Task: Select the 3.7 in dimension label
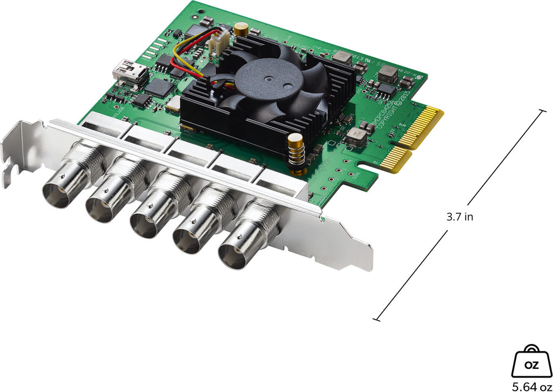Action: (x=460, y=217)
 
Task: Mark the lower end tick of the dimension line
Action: (x=376, y=319)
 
